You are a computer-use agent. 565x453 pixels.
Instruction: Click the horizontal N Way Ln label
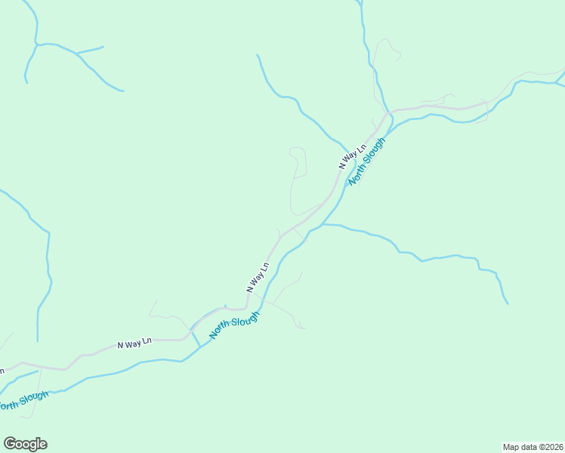coord(134,344)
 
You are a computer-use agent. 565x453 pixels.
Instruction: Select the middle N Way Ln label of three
coord(258,278)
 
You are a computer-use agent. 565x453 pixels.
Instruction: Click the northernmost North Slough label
coord(366,162)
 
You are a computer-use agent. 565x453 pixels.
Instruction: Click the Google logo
coord(25,444)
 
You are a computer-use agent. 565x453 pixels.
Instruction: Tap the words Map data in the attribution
coord(518,446)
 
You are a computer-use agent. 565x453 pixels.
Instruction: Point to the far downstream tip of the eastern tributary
coord(508,304)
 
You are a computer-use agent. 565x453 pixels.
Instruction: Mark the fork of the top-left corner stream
coord(36,45)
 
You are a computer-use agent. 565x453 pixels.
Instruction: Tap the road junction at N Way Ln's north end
coord(389,114)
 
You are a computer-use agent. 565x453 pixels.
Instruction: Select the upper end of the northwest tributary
coord(258,56)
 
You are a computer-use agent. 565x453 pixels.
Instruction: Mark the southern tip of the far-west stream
coord(38,341)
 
